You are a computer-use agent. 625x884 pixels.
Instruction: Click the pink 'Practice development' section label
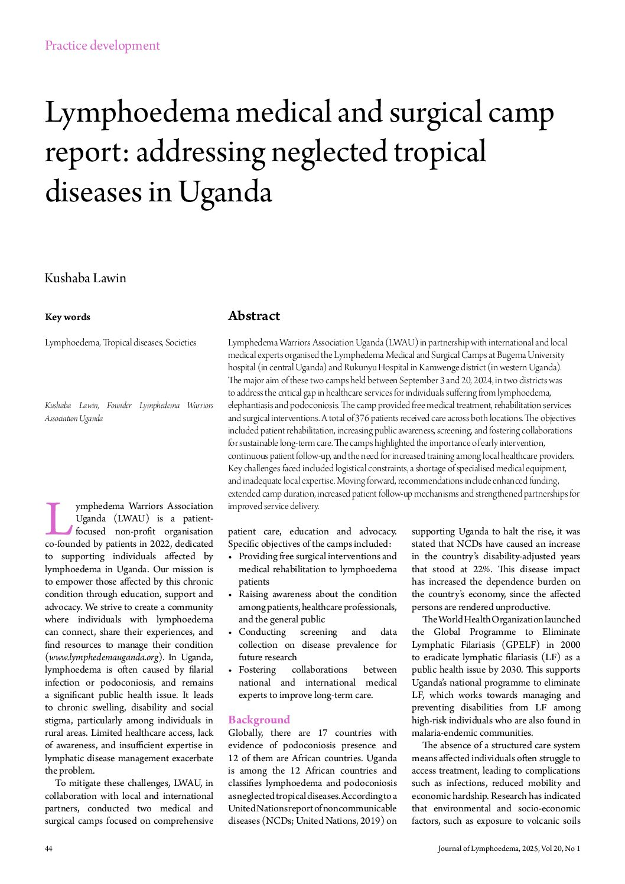coord(102,45)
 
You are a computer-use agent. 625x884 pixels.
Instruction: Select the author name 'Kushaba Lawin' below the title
coord(86,278)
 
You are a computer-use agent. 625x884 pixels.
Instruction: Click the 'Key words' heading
coord(67,317)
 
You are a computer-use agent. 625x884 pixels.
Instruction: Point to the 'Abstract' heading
coord(254,316)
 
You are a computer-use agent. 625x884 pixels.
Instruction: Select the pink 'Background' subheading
coord(259,720)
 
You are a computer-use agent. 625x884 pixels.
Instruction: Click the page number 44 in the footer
coord(48,849)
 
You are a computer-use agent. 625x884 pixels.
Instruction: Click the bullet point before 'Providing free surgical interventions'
coord(231,557)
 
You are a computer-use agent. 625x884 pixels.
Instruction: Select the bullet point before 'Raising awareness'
coord(231,595)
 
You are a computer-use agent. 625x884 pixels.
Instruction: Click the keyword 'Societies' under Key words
coord(181,342)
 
